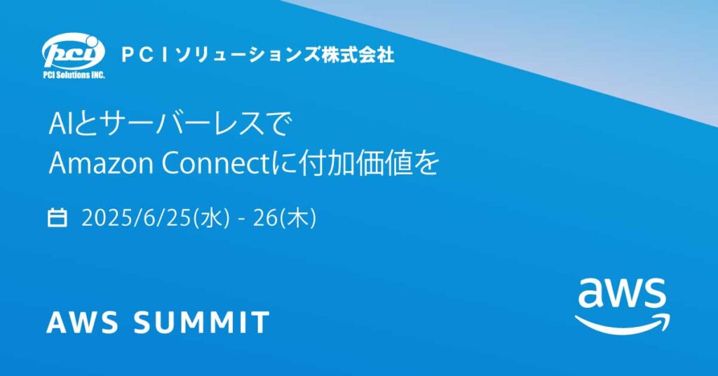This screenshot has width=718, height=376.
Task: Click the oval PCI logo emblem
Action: tap(73, 52)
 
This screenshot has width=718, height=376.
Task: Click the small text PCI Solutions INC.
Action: tap(74, 75)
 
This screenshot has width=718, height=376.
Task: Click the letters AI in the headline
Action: tap(59, 124)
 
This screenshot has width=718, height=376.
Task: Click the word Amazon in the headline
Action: tap(101, 163)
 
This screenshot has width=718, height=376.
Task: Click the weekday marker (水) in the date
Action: tap(212, 218)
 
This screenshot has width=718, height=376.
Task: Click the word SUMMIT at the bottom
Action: tap(201, 322)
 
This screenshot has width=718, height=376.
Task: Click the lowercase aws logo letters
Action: tap(622, 293)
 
